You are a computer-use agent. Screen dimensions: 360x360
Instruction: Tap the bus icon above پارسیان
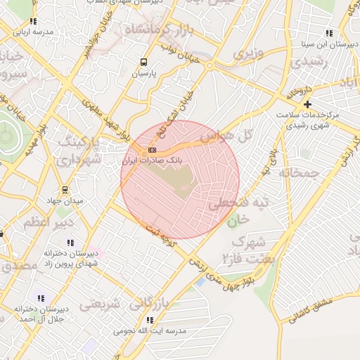(x=143, y=62)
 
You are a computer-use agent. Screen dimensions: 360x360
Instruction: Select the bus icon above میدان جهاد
(x=65, y=189)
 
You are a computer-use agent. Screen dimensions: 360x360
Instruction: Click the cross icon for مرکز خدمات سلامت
(x=308, y=104)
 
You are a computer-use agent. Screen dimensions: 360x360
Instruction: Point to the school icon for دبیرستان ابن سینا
(x=328, y=33)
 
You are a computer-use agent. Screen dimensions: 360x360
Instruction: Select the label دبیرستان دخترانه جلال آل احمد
(x=44, y=313)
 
